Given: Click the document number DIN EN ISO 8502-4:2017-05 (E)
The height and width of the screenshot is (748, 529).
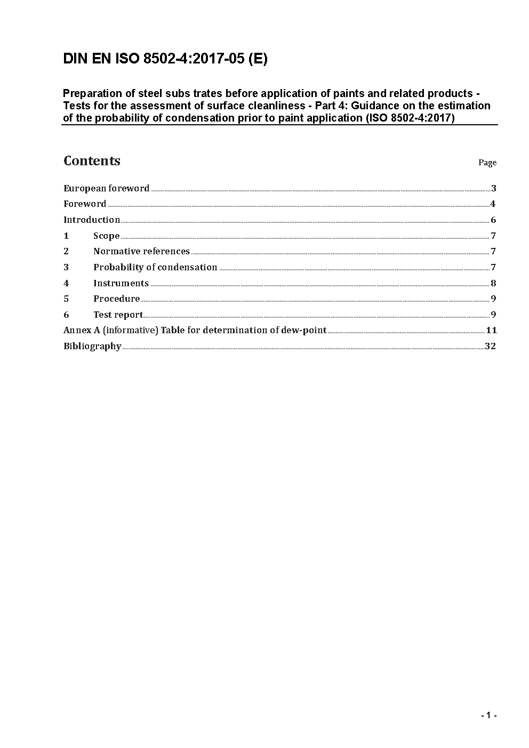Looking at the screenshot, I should coord(165,59).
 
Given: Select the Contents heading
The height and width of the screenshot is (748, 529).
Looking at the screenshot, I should coord(92,161).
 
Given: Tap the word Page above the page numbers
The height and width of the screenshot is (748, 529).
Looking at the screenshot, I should coord(487,163).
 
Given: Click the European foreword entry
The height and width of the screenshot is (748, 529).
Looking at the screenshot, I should coord(106,188).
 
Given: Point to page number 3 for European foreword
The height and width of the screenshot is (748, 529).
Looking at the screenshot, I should coord(494,188).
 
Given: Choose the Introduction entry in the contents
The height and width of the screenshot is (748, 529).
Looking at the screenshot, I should coord(92,220).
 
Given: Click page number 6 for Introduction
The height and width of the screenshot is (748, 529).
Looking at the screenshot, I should coord(494,220).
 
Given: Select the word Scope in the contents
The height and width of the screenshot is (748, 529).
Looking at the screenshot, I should coord(106,236).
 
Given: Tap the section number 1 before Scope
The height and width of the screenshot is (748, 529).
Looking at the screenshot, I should coord(66,236).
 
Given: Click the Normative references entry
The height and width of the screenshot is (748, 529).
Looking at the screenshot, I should coord(141,251).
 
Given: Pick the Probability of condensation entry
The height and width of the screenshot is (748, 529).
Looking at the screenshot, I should coord(155,267).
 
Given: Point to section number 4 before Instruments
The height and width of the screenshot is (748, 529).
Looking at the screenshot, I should coord(66,283).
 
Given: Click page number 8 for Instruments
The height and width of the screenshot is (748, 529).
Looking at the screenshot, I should coord(494,283).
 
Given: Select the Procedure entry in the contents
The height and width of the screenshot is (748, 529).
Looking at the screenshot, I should coord(116,299).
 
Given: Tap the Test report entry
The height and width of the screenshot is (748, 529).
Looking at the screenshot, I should coord(118,315).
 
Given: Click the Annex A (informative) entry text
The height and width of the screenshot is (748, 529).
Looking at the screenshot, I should coord(195,330).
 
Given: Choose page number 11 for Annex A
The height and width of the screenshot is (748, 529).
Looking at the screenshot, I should coord(491,330).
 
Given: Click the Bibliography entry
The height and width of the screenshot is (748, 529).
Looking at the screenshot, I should coord(92,346).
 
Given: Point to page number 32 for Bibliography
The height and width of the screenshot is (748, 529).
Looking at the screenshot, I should coord(491,346).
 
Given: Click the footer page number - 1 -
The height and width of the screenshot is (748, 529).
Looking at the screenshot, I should coord(488,715).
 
